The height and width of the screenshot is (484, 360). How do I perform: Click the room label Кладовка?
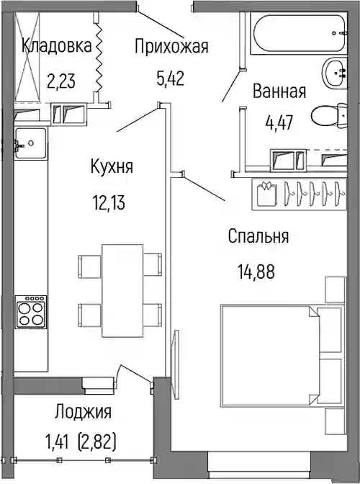(x=57, y=46)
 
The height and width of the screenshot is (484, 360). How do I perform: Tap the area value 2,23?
(x=61, y=81)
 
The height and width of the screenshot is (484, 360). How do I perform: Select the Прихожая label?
(x=171, y=46)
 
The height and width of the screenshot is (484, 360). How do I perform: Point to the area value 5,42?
(x=171, y=79)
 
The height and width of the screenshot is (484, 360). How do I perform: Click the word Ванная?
(x=279, y=91)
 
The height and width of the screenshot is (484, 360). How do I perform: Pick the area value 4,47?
(x=279, y=122)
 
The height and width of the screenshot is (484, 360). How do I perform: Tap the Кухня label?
(x=112, y=166)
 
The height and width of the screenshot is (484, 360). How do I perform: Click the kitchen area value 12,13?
(x=109, y=203)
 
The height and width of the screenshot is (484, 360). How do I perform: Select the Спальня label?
(x=258, y=236)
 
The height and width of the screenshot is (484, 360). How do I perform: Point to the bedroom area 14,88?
(x=256, y=272)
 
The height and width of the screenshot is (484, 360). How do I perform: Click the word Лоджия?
(x=84, y=412)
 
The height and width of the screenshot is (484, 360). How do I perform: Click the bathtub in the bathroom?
(x=299, y=33)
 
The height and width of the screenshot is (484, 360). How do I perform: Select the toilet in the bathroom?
(x=329, y=116)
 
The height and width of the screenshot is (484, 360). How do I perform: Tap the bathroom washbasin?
(x=335, y=73)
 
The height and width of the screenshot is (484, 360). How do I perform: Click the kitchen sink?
(x=31, y=143)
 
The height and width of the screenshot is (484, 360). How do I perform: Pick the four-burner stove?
(x=31, y=312)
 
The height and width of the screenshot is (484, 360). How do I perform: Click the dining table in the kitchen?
(x=122, y=290)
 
